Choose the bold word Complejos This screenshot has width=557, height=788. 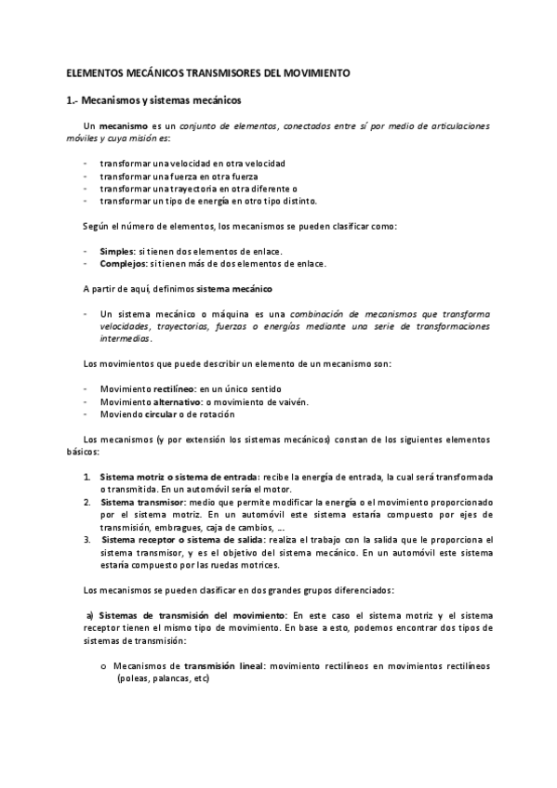tap(122, 263)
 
